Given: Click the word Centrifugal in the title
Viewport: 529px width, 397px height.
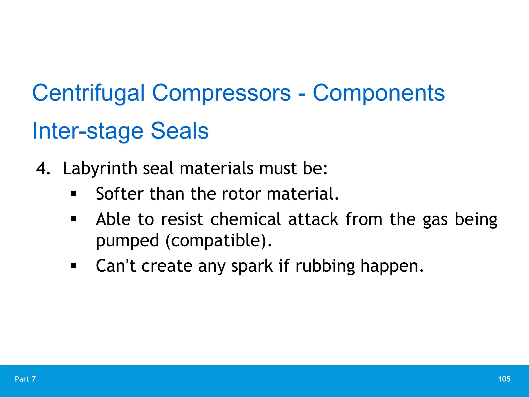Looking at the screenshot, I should [88, 93].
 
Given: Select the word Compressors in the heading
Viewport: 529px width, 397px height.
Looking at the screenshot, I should [221, 93].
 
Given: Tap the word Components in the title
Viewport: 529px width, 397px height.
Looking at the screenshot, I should [379, 93].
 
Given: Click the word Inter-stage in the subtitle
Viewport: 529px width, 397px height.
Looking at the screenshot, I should [88, 131].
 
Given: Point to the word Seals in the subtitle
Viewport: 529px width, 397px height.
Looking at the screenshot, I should [180, 131].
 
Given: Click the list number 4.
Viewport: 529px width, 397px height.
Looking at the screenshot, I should [43, 169].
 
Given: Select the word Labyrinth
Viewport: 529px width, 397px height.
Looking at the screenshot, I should [100, 169].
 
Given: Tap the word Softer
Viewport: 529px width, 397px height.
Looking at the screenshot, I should [120, 194].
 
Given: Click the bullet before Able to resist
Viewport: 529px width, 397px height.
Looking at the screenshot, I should [74, 219].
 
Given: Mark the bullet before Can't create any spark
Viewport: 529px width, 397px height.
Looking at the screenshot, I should [74, 265].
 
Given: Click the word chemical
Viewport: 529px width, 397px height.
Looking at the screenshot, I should [245, 219].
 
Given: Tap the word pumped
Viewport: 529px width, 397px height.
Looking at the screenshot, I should [127, 241].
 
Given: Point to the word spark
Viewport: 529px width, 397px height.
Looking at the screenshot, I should [252, 266].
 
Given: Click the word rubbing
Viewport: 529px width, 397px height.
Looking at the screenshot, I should [325, 266].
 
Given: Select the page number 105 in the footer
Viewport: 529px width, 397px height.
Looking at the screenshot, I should [504, 379].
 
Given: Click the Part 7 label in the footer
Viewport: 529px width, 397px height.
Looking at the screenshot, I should [25, 379].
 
